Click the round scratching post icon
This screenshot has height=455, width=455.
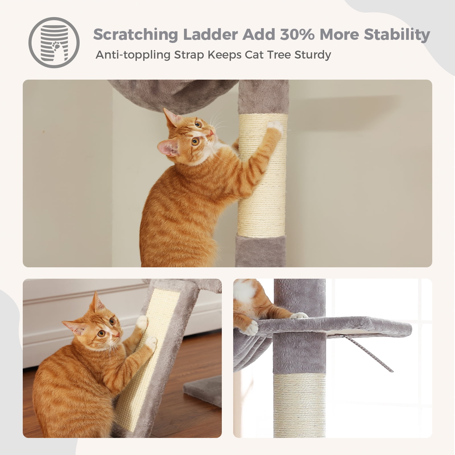pyautogui.click(x=54, y=43)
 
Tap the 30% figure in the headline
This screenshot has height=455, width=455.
pyautogui.click(x=296, y=34)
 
